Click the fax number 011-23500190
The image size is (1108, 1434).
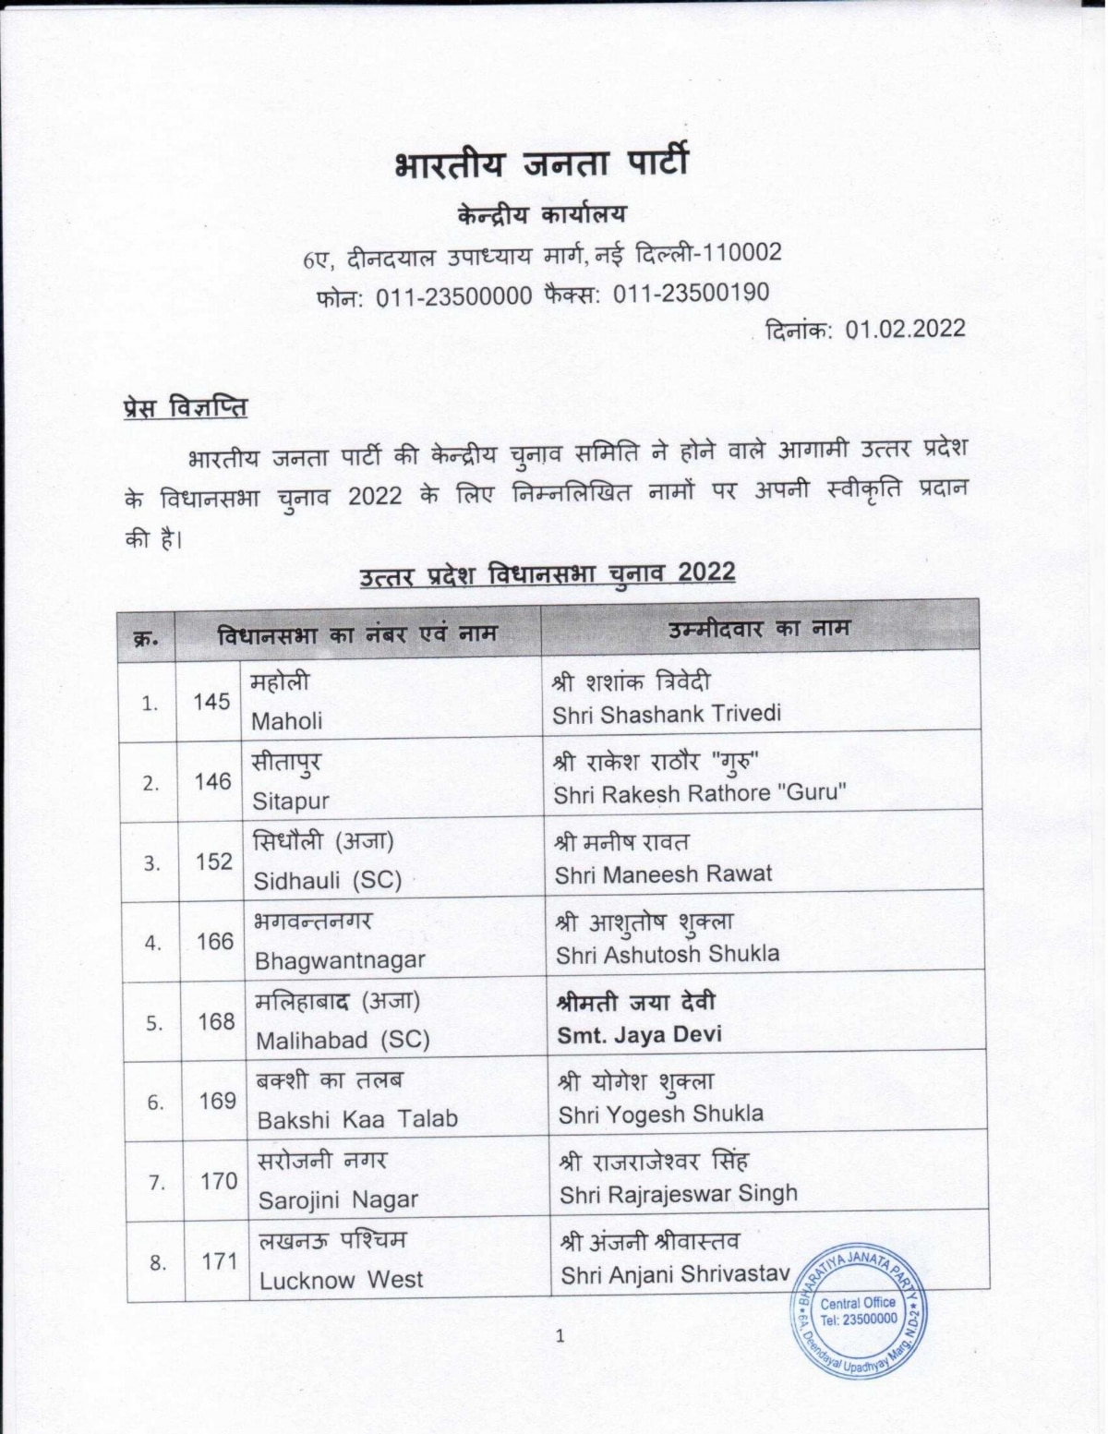tap(691, 294)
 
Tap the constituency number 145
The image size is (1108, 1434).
tap(211, 702)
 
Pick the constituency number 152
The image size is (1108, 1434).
tap(213, 862)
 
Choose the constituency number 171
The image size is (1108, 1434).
tap(219, 1261)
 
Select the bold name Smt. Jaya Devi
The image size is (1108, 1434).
tap(639, 1034)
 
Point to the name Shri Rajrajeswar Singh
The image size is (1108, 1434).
tap(678, 1194)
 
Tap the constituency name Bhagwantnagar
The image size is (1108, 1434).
tap(339, 960)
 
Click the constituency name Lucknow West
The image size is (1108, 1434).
tap(340, 1280)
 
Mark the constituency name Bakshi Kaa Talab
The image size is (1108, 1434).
tap(356, 1119)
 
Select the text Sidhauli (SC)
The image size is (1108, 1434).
tap(327, 880)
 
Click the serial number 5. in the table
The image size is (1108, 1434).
tap(154, 1023)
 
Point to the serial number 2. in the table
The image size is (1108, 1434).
tap(151, 783)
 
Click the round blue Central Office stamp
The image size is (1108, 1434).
tap(858, 1309)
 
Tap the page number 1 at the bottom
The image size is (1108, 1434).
tap(559, 1335)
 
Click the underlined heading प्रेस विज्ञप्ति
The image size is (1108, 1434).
tap(185, 406)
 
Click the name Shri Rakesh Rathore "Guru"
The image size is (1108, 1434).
tap(699, 794)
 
